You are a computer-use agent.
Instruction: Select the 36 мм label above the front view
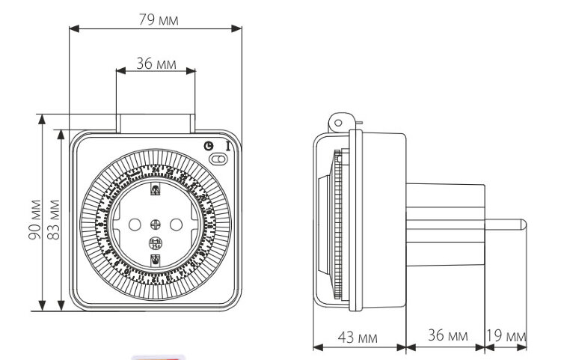(x=156, y=64)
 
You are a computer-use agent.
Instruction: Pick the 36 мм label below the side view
(x=447, y=335)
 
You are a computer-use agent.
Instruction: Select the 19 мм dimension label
(x=507, y=335)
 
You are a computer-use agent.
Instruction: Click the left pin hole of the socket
(x=135, y=224)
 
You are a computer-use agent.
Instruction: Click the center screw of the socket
(x=156, y=224)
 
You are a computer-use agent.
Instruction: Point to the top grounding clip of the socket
(x=156, y=190)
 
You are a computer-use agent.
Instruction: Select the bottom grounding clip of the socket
(x=156, y=259)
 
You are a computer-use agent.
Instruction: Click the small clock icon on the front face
(x=208, y=146)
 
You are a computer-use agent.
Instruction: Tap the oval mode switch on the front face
(x=218, y=158)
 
